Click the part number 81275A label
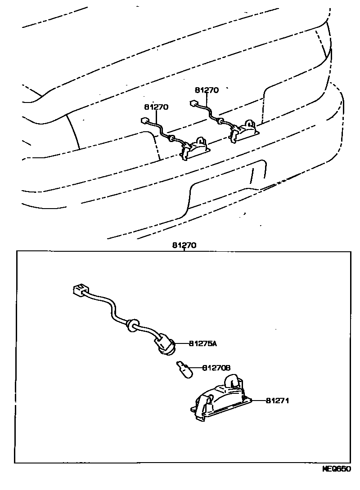point(202,344)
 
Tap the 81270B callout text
point(216,368)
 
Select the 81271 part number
point(277,400)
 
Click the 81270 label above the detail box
point(184,245)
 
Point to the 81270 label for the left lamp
point(156,107)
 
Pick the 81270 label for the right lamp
point(207,90)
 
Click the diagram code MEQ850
point(337,481)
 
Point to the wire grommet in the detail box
point(131,324)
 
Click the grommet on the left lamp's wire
point(171,139)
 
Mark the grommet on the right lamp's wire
point(221,121)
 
